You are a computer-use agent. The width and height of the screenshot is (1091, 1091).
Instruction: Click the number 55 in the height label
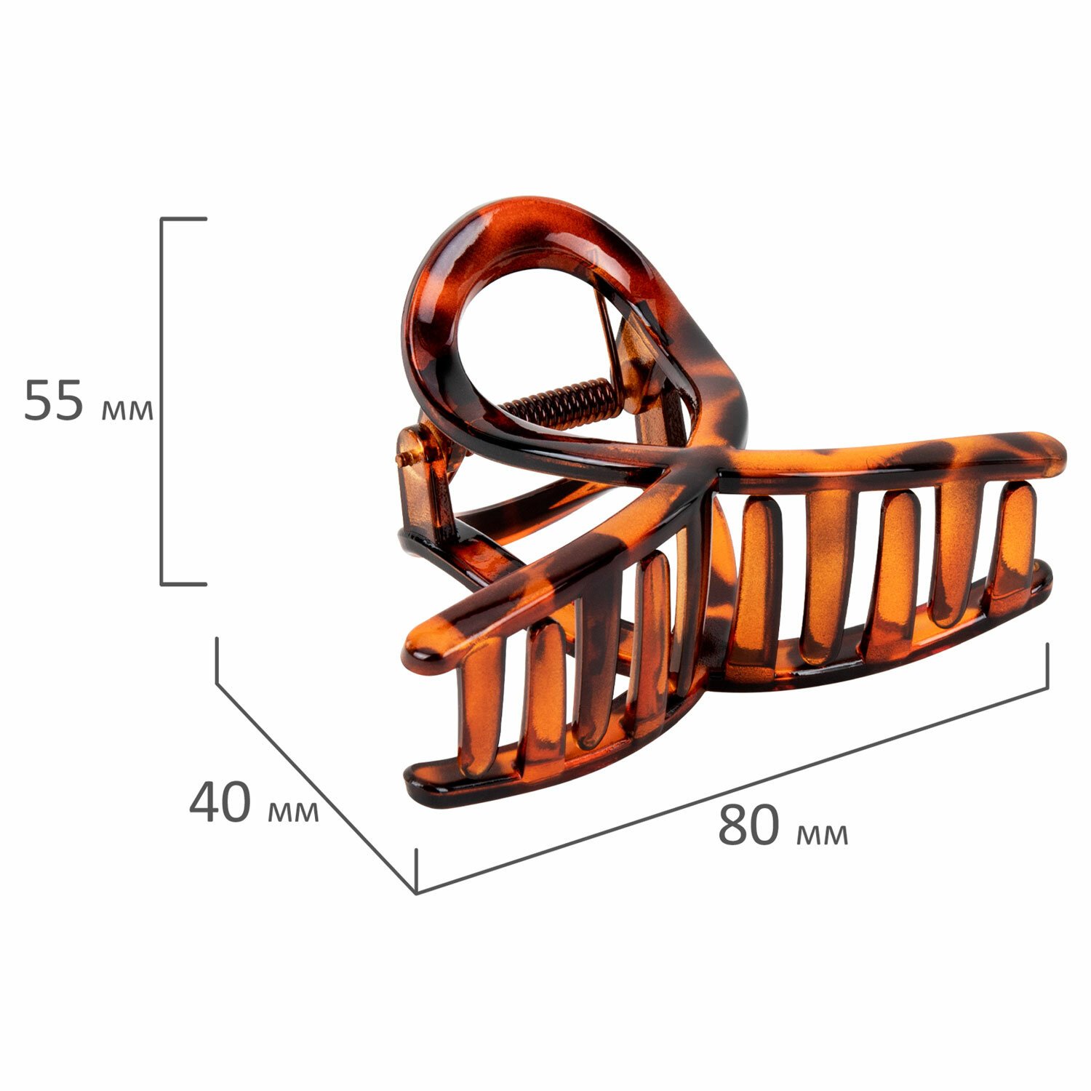click(x=54, y=400)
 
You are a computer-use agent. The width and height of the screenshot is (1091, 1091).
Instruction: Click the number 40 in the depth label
click(x=220, y=803)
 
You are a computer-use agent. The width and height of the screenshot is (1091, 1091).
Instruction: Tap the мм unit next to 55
click(x=127, y=409)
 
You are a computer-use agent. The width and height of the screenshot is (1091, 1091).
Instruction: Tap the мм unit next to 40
click(x=293, y=812)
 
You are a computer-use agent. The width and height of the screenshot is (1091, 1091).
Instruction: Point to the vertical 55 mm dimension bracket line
click(x=161, y=400)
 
